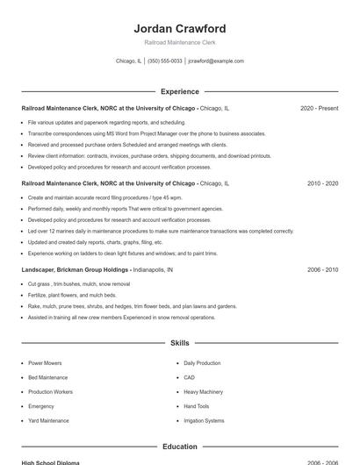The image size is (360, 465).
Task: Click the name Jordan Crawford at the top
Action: pyautogui.click(x=180, y=28)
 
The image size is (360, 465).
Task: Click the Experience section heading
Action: pyautogui.click(x=180, y=91)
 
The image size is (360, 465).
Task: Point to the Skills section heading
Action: pyautogui.click(x=180, y=343)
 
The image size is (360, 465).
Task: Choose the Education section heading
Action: pyautogui.click(x=180, y=447)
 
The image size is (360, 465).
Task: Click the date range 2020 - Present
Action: pyautogui.click(x=319, y=108)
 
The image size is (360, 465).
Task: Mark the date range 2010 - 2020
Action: pyautogui.click(x=322, y=184)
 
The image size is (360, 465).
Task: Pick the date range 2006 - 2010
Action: pyautogui.click(x=322, y=270)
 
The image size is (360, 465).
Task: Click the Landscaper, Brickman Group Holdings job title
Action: pyautogui.click(x=76, y=270)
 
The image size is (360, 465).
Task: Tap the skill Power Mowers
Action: pyautogui.click(x=46, y=362)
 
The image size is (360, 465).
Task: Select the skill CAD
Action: pyautogui.click(x=189, y=377)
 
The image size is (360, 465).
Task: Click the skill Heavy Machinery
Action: pyautogui.click(x=203, y=391)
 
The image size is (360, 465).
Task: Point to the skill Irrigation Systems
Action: pyautogui.click(x=204, y=420)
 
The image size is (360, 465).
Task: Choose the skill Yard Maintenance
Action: pyautogui.click(x=48, y=420)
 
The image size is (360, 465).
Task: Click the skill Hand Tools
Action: pyautogui.click(x=197, y=406)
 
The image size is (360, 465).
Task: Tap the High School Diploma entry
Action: pyautogui.click(x=50, y=461)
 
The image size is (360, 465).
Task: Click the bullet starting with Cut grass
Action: pyautogui.click(x=79, y=284)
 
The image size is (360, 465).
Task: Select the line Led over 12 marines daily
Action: pyautogui.click(x=161, y=231)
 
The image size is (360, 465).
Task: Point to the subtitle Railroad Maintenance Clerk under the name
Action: pyautogui.click(x=180, y=42)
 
